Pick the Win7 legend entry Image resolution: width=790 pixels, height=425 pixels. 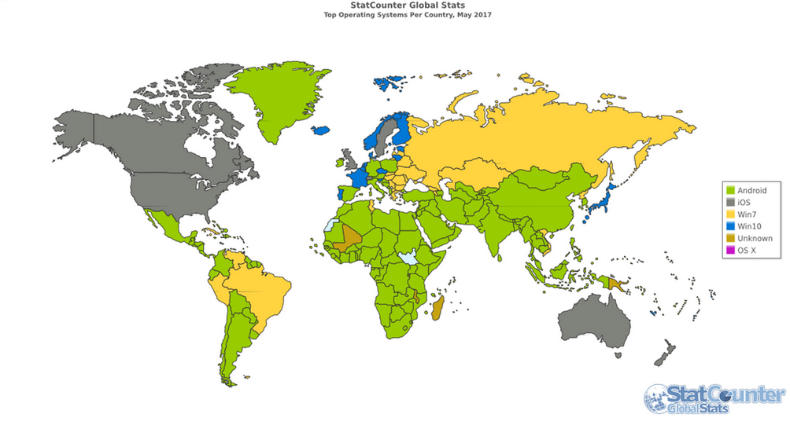tap(746, 214)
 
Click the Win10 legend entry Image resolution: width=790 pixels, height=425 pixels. tap(748, 226)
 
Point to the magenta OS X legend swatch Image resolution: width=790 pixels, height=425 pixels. tap(730, 251)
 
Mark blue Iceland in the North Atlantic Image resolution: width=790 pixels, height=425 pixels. tap(322, 131)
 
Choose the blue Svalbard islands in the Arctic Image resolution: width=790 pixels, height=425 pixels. tap(388, 82)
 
